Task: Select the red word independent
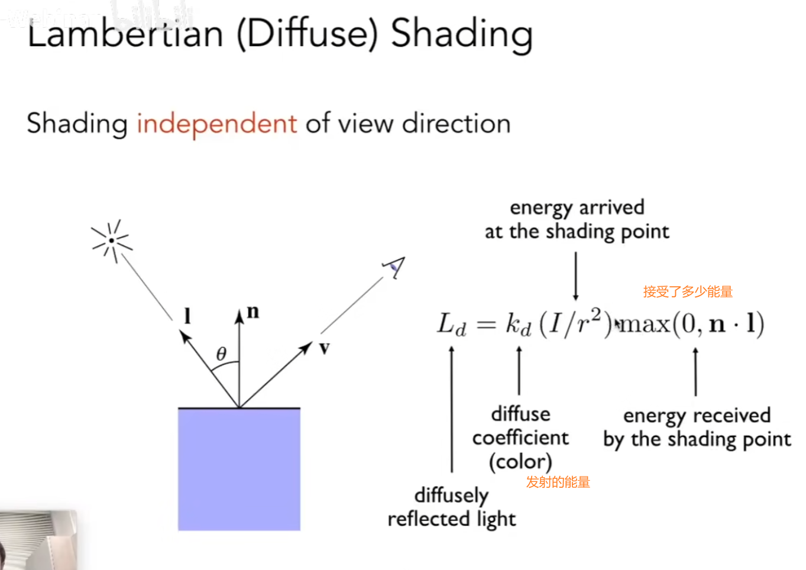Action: [x=216, y=124]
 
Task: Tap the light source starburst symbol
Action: [x=112, y=241]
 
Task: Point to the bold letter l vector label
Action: [x=187, y=316]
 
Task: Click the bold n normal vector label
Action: [x=253, y=312]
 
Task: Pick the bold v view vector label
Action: [x=324, y=348]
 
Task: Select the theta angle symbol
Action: [x=221, y=354]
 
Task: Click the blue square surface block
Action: [x=239, y=469]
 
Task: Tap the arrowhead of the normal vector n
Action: [x=239, y=317]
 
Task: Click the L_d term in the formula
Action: [x=451, y=325]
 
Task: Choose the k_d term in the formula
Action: [x=518, y=325]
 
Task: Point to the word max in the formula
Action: [x=645, y=324]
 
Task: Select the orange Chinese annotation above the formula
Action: [x=688, y=292]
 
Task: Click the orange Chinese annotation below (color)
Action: [x=558, y=482]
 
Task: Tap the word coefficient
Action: [x=520, y=438]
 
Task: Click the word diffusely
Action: [x=451, y=495]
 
